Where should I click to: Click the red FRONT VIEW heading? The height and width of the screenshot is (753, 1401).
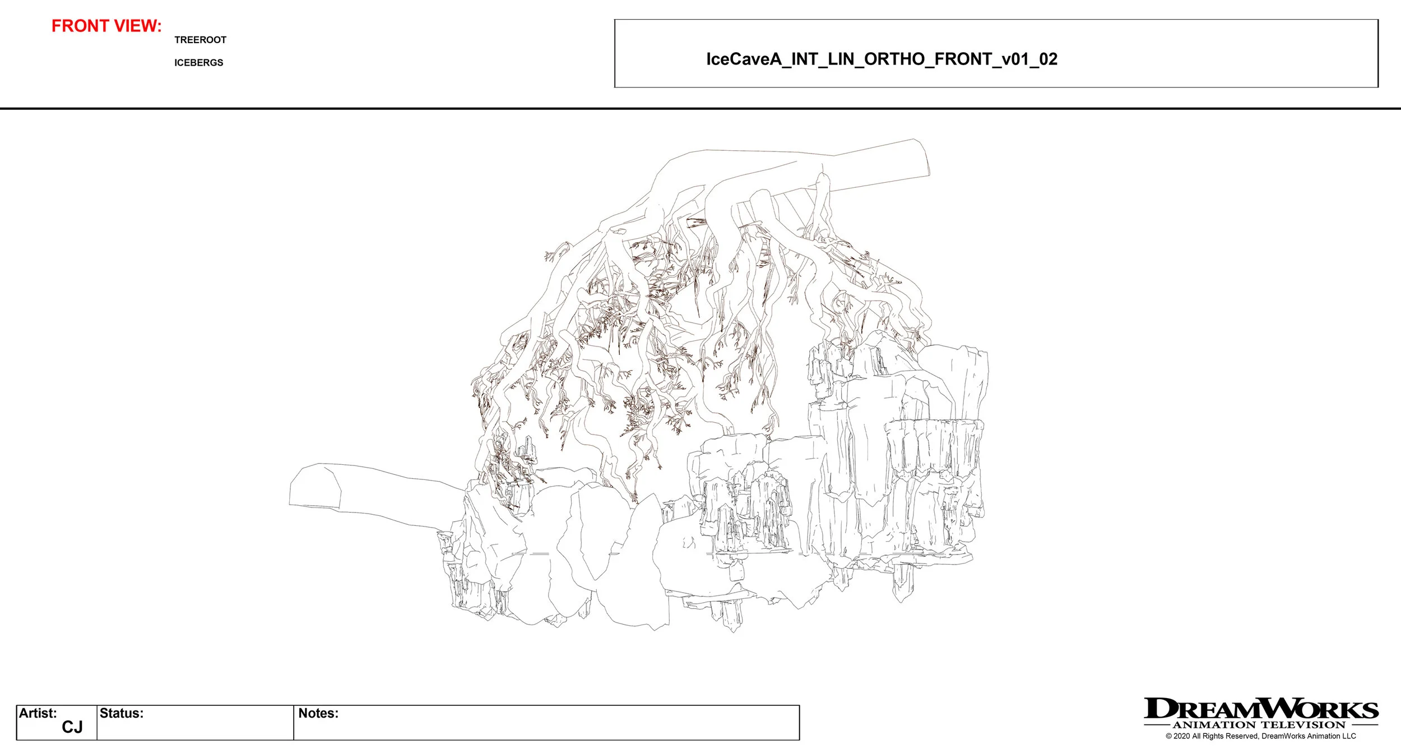click(106, 26)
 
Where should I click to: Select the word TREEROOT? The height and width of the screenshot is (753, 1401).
click(200, 40)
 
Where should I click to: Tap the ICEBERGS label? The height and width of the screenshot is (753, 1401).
click(198, 63)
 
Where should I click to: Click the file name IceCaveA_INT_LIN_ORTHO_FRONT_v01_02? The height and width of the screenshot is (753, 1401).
click(882, 59)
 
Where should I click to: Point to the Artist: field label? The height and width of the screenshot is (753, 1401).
click(38, 713)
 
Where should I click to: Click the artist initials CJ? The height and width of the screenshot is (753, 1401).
click(72, 727)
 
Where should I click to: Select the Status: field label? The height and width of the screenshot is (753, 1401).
click(122, 713)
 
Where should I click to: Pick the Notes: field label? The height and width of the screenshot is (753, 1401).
click(318, 713)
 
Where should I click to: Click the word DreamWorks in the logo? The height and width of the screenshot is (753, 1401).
click(1261, 709)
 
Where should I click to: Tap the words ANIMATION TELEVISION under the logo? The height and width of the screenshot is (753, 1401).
click(1259, 725)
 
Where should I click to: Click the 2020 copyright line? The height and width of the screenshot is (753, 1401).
click(1261, 736)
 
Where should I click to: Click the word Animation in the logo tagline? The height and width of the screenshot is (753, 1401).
click(1214, 725)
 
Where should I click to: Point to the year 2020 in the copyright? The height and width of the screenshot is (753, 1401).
click(1182, 736)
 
